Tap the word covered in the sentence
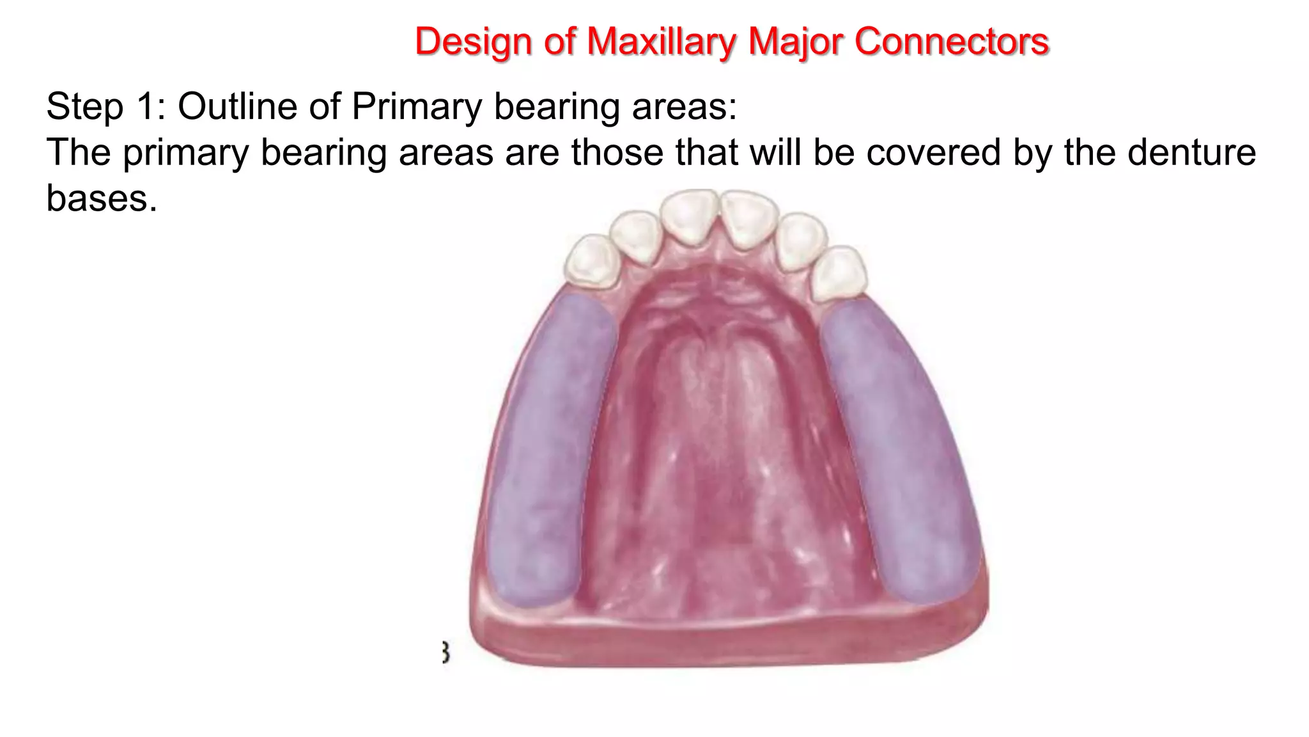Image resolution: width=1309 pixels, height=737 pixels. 933,152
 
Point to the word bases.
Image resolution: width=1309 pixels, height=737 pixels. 102,198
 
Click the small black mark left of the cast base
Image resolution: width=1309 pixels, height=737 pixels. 445,653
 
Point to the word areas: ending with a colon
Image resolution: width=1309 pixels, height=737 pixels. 685,106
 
